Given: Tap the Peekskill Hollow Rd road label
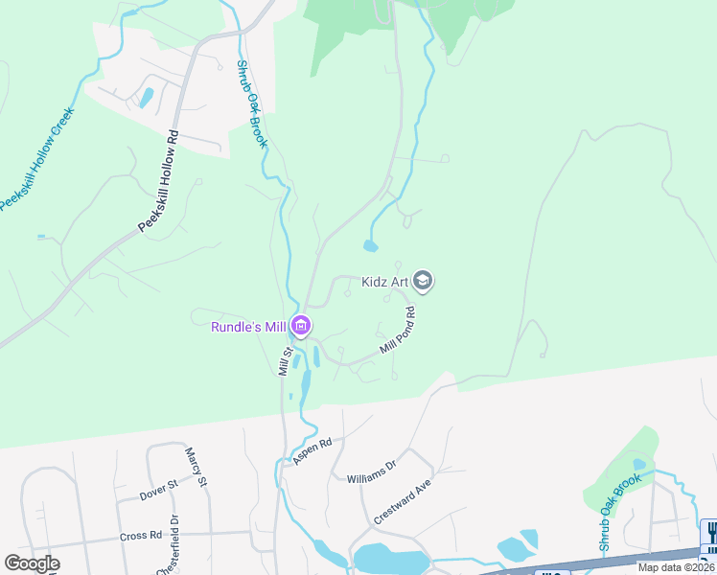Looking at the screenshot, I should (x=159, y=180).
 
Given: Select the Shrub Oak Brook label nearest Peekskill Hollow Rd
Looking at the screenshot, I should (x=251, y=104).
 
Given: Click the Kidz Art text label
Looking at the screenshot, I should (x=386, y=282).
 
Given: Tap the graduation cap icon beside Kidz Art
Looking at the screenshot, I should (x=425, y=281).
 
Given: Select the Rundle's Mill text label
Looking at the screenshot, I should (x=249, y=327).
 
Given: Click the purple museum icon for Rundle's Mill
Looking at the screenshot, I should (x=301, y=327).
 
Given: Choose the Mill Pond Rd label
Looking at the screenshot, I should (x=398, y=331).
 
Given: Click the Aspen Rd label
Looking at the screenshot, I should (x=312, y=451).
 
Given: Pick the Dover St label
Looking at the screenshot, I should (x=159, y=493).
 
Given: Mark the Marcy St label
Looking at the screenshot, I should (x=197, y=468).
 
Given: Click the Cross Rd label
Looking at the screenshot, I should (x=141, y=536).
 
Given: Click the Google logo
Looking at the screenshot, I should (x=32, y=563).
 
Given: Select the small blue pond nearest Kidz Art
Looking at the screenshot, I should (x=370, y=246).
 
